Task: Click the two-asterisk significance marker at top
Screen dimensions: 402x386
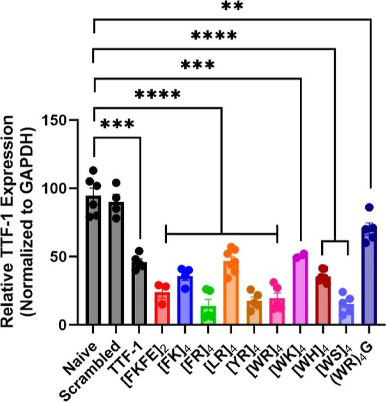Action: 232,7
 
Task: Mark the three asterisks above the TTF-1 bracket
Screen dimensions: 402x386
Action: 117,125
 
